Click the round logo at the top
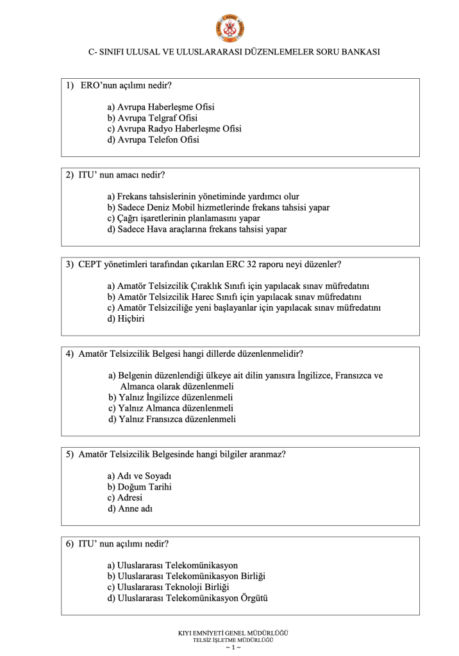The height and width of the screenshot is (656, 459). (229, 28)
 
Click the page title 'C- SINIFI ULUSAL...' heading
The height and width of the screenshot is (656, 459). (229, 51)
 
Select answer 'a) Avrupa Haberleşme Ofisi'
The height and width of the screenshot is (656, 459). (161, 107)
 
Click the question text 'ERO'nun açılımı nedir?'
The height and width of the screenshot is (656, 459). (126, 85)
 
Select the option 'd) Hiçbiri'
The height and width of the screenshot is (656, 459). (126, 318)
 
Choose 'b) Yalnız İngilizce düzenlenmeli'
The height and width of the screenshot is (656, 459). (171, 397)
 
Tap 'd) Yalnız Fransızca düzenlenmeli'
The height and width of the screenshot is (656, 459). (172, 420)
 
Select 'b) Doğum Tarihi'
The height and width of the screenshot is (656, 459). (140, 487)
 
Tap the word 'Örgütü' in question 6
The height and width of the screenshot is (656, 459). (253, 598)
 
